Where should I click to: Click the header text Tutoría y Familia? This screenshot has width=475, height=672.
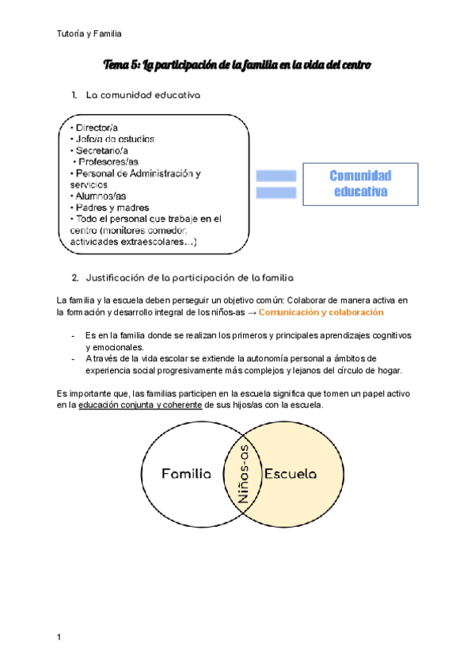(89, 33)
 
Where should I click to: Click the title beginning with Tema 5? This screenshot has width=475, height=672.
(237, 63)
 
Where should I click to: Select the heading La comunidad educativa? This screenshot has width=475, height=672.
(142, 95)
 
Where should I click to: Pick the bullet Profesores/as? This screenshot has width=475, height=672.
(104, 162)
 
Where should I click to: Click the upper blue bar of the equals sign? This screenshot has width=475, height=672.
(276, 175)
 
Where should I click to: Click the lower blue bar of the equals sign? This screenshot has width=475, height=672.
(276, 192)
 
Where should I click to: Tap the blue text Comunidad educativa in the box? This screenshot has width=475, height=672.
(360, 183)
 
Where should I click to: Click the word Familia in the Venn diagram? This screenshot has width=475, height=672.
(186, 474)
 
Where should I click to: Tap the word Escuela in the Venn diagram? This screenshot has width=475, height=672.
(291, 474)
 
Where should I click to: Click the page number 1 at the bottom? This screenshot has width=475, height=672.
(59, 637)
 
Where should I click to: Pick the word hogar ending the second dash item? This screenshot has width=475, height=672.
(388, 370)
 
